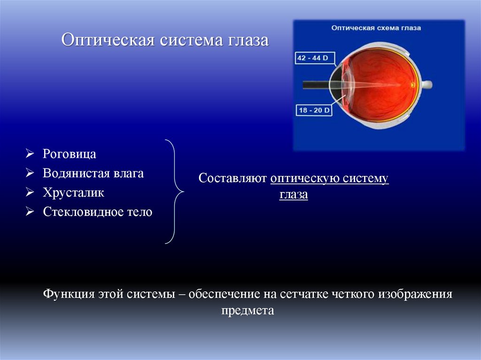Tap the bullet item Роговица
(70, 154)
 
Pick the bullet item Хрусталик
(74, 192)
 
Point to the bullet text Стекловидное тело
(98, 212)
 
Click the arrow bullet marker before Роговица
(29, 154)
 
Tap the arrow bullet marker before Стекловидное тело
(29, 212)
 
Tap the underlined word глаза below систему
(294, 195)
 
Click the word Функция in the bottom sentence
(69, 294)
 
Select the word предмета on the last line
(248, 311)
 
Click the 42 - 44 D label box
(313, 58)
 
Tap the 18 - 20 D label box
(314, 110)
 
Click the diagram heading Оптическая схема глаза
(376, 28)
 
